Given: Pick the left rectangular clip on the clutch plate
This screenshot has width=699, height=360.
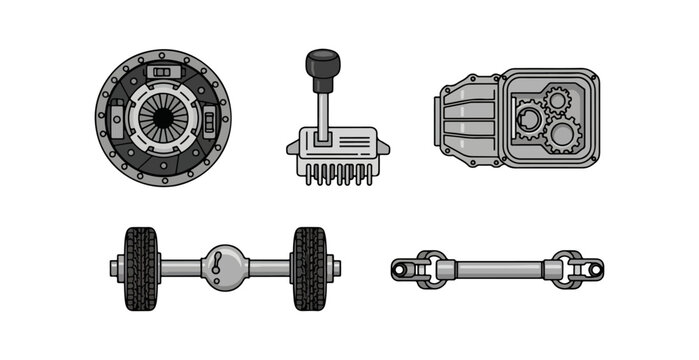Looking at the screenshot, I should coord(117,124).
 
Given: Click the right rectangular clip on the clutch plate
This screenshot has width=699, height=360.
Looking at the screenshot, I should coord(208,124).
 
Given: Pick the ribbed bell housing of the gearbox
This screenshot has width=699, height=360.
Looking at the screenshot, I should coord(465,119).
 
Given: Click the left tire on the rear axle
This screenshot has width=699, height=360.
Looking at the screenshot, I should coord(141,267).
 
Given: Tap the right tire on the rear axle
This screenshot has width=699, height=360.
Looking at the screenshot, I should coord(308,267).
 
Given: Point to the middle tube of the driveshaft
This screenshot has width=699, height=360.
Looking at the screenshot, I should coord(496,268).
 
